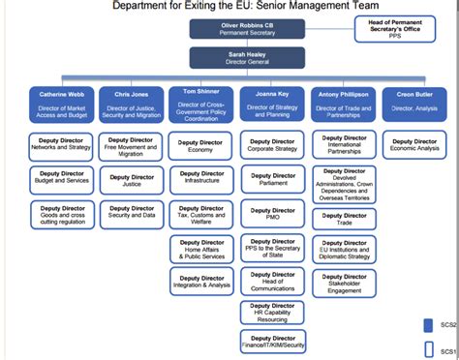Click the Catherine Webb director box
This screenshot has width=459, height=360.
[62, 105]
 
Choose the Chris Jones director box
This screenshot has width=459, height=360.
[131, 105]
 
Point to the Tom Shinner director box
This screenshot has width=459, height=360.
[200, 104]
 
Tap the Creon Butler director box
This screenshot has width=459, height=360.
[414, 105]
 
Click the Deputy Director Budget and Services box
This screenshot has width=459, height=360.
[62, 179]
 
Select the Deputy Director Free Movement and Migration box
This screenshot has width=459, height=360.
[131, 146]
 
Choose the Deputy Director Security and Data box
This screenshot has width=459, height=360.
[131, 212]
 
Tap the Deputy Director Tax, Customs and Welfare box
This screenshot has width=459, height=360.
[200, 212]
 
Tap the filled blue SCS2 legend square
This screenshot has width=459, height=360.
[427, 325]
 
